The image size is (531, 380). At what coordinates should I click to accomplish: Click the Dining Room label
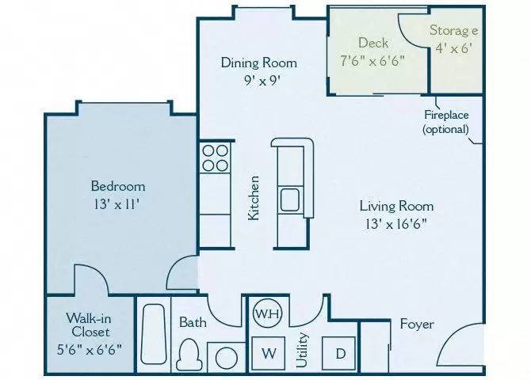259,63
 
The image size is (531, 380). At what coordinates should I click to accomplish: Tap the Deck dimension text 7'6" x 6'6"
372,60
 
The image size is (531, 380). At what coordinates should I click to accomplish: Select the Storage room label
453,31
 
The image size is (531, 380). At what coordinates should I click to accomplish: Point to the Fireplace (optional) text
445,121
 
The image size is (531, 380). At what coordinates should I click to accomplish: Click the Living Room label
396,206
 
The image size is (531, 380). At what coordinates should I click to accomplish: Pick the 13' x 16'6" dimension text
396,223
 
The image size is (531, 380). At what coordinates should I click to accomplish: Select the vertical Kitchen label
254,198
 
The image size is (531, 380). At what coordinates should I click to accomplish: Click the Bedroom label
118,186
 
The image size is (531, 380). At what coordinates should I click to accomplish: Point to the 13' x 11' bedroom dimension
118,203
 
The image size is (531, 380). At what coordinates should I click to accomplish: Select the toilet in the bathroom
189,353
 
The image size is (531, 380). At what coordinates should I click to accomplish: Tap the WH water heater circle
265,313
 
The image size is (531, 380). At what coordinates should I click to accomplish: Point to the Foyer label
416,324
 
